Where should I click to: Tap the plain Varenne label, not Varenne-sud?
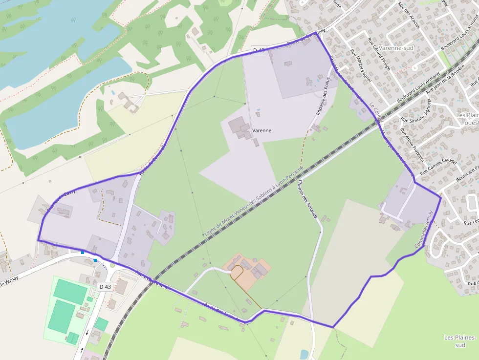point(262,131)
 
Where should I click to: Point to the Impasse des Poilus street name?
point(323,96)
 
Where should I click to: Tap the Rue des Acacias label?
point(409,15)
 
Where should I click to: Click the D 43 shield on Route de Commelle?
point(259,50)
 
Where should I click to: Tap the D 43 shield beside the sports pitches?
point(104,286)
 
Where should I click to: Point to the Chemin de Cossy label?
point(62,199)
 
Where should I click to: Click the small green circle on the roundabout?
point(112,265)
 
